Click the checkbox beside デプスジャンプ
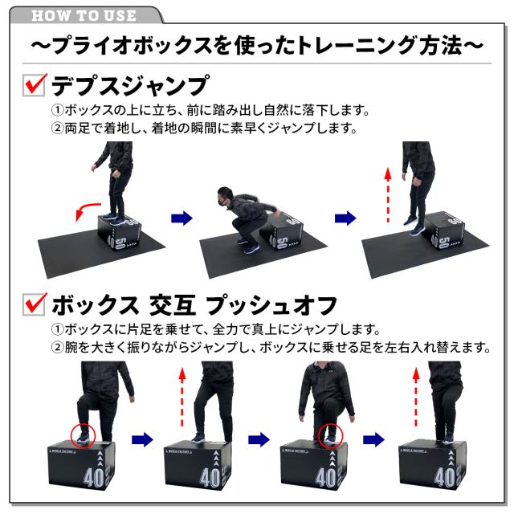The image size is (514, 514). click(x=34, y=84)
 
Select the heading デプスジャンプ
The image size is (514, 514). click(x=129, y=85)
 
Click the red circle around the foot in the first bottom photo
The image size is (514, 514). click(x=82, y=434)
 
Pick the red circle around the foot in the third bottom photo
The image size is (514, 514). click(x=329, y=434)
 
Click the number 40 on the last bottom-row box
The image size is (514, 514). click(x=443, y=479)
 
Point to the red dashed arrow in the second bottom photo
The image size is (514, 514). click(x=182, y=394)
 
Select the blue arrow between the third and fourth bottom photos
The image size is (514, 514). click(x=373, y=439)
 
